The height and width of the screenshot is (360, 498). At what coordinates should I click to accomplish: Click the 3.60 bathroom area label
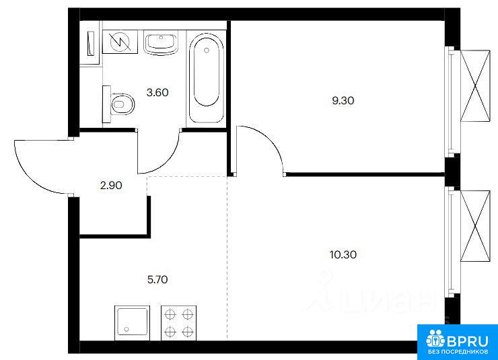pos(157,93)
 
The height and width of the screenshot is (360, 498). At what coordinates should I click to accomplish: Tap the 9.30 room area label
pos(343,101)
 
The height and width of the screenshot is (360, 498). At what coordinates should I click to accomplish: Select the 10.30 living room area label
pos(343,254)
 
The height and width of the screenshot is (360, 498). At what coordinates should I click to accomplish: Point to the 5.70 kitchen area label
pos(157,280)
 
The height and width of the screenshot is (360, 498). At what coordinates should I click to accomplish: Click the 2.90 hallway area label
pos(111,186)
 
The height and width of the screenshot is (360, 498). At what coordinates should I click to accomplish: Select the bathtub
pos(207,77)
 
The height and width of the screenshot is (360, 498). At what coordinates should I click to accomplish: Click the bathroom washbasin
pos(161,42)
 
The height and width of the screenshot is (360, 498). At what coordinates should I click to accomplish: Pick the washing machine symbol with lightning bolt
pos(120,42)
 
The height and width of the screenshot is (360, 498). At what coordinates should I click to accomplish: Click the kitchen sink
pos(132,322)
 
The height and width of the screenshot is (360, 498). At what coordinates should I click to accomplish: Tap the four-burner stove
pos(178,323)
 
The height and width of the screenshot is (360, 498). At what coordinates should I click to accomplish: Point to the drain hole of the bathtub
pos(207,50)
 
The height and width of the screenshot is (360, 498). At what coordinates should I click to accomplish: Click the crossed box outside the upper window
pos(475,85)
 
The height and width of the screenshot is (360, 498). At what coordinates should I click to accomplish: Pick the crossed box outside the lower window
pos(475,226)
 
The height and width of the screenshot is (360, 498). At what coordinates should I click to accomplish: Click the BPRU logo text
pos(467,341)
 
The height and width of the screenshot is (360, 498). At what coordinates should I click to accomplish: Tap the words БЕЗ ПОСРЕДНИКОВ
pos(458,352)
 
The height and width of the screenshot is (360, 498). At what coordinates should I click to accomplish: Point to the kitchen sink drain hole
pos(127,329)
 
